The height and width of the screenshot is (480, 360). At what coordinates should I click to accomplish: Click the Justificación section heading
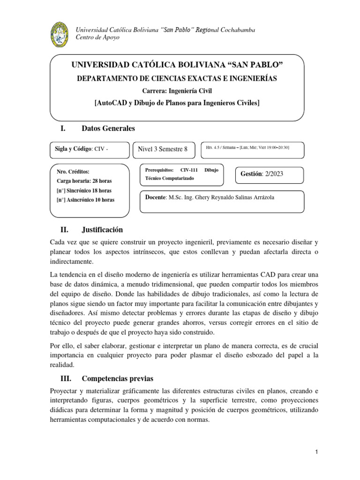click(x=102, y=230)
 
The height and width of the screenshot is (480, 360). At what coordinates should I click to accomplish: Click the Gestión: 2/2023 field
click(x=262, y=173)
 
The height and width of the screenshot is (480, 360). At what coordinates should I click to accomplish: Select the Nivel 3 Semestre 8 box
click(x=162, y=149)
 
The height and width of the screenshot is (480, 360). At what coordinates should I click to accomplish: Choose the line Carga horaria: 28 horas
click(x=84, y=181)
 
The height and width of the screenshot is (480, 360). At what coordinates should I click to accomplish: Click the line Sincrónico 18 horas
click(x=84, y=190)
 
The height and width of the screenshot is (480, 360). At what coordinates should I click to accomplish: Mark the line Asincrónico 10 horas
click(x=85, y=200)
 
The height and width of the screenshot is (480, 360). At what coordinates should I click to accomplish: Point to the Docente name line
click(x=210, y=197)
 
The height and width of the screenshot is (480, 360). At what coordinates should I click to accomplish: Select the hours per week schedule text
click(x=247, y=148)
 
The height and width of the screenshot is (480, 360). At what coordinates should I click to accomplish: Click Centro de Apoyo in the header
click(x=97, y=37)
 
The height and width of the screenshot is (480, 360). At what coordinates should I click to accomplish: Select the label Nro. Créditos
click(x=73, y=172)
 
